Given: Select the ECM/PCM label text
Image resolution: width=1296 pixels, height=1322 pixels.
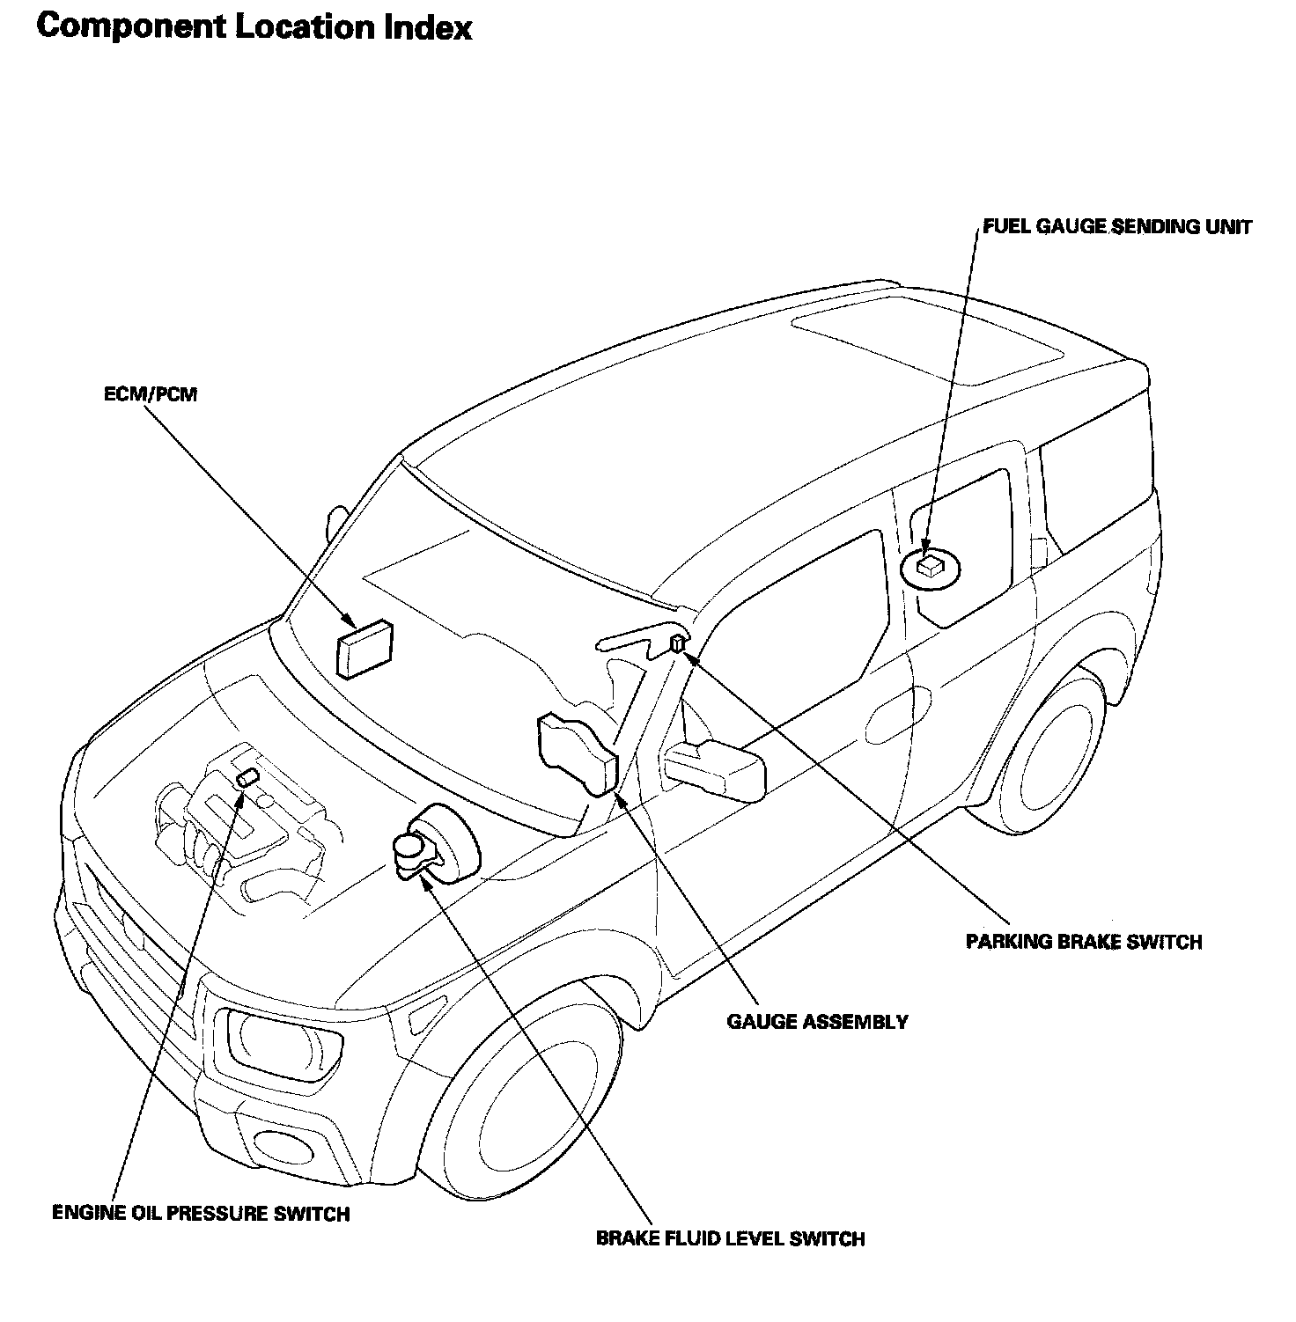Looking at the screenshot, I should [x=151, y=394].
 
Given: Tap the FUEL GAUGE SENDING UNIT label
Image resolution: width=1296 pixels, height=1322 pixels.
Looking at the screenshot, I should [x=1116, y=226].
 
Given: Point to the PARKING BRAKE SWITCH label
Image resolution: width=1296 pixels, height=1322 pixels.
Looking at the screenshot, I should [x=1083, y=942].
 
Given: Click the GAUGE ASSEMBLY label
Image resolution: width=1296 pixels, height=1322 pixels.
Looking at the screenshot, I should [x=817, y=1022].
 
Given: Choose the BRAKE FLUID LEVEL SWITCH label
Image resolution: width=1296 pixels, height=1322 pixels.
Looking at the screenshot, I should [x=730, y=1238].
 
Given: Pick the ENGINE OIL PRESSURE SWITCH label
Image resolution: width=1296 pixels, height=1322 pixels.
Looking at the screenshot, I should [x=201, y=1213].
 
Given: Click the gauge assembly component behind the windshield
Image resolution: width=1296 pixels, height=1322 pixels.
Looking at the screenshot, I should [x=575, y=753].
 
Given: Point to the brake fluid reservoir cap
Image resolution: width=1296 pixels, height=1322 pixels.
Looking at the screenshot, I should [x=409, y=846].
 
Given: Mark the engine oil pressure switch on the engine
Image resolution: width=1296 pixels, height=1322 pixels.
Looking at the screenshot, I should [x=247, y=776].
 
